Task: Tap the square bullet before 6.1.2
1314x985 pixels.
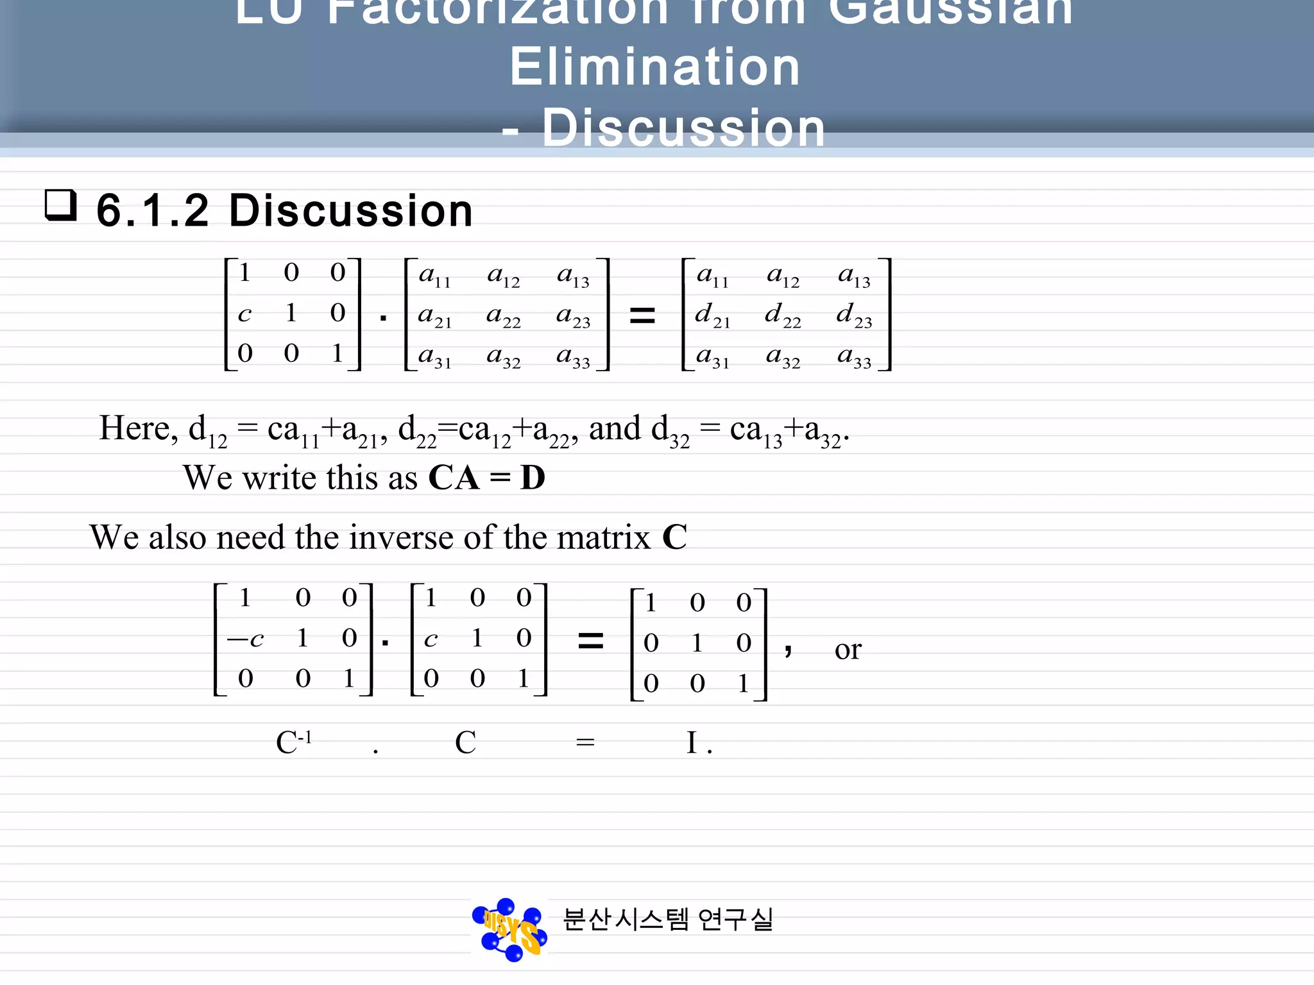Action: (x=61, y=205)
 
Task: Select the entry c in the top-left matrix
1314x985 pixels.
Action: (x=244, y=314)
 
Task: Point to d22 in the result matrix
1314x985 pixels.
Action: (x=783, y=315)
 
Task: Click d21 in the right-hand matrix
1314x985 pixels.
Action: (x=712, y=315)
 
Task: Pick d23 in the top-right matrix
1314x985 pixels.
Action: (x=854, y=315)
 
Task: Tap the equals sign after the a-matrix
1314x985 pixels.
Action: (x=642, y=315)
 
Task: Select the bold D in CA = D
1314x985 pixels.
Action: (x=533, y=478)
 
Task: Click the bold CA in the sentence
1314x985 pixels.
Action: (x=454, y=478)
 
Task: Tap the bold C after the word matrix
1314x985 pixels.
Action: (x=674, y=537)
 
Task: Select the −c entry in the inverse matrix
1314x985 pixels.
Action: (x=246, y=639)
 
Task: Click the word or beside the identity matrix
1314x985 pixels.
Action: (x=848, y=650)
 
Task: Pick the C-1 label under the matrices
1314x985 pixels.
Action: (x=294, y=742)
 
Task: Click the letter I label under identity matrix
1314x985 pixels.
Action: (x=692, y=743)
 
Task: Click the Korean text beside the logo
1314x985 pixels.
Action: (x=668, y=920)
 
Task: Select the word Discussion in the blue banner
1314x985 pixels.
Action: (x=683, y=128)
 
